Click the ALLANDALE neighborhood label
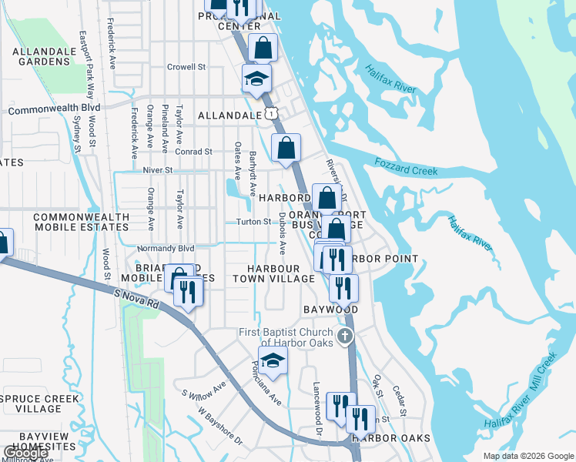pyautogui.click(x=229, y=115)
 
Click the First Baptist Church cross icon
pyautogui.click(x=346, y=336)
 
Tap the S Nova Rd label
pyautogui.click(x=136, y=299)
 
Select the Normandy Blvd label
pyautogui.click(x=165, y=249)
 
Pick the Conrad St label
pyautogui.click(x=193, y=152)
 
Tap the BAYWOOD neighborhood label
pyautogui.click(x=331, y=310)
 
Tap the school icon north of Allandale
pyautogui.click(x=256, y=78)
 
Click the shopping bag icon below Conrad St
pyautogui.click(x=286, y=148)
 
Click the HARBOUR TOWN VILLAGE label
pyautogui.click(x=274, y=273)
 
